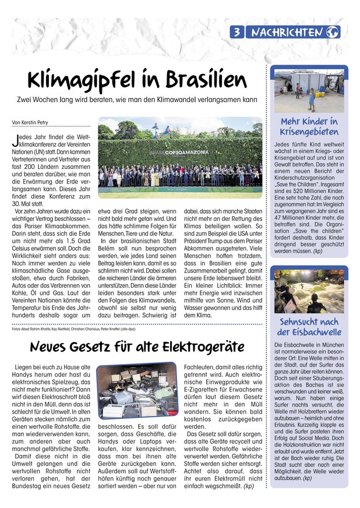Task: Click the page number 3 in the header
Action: [238, 33]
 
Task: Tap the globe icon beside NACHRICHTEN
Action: [333, 33]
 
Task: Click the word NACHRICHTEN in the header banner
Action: [287, 33]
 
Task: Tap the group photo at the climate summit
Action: [180, 160]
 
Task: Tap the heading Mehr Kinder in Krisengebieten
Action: [309, 127]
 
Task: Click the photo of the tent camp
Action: [309, 91]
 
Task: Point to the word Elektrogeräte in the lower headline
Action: [198, 347]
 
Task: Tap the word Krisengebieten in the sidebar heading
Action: [309, 132]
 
